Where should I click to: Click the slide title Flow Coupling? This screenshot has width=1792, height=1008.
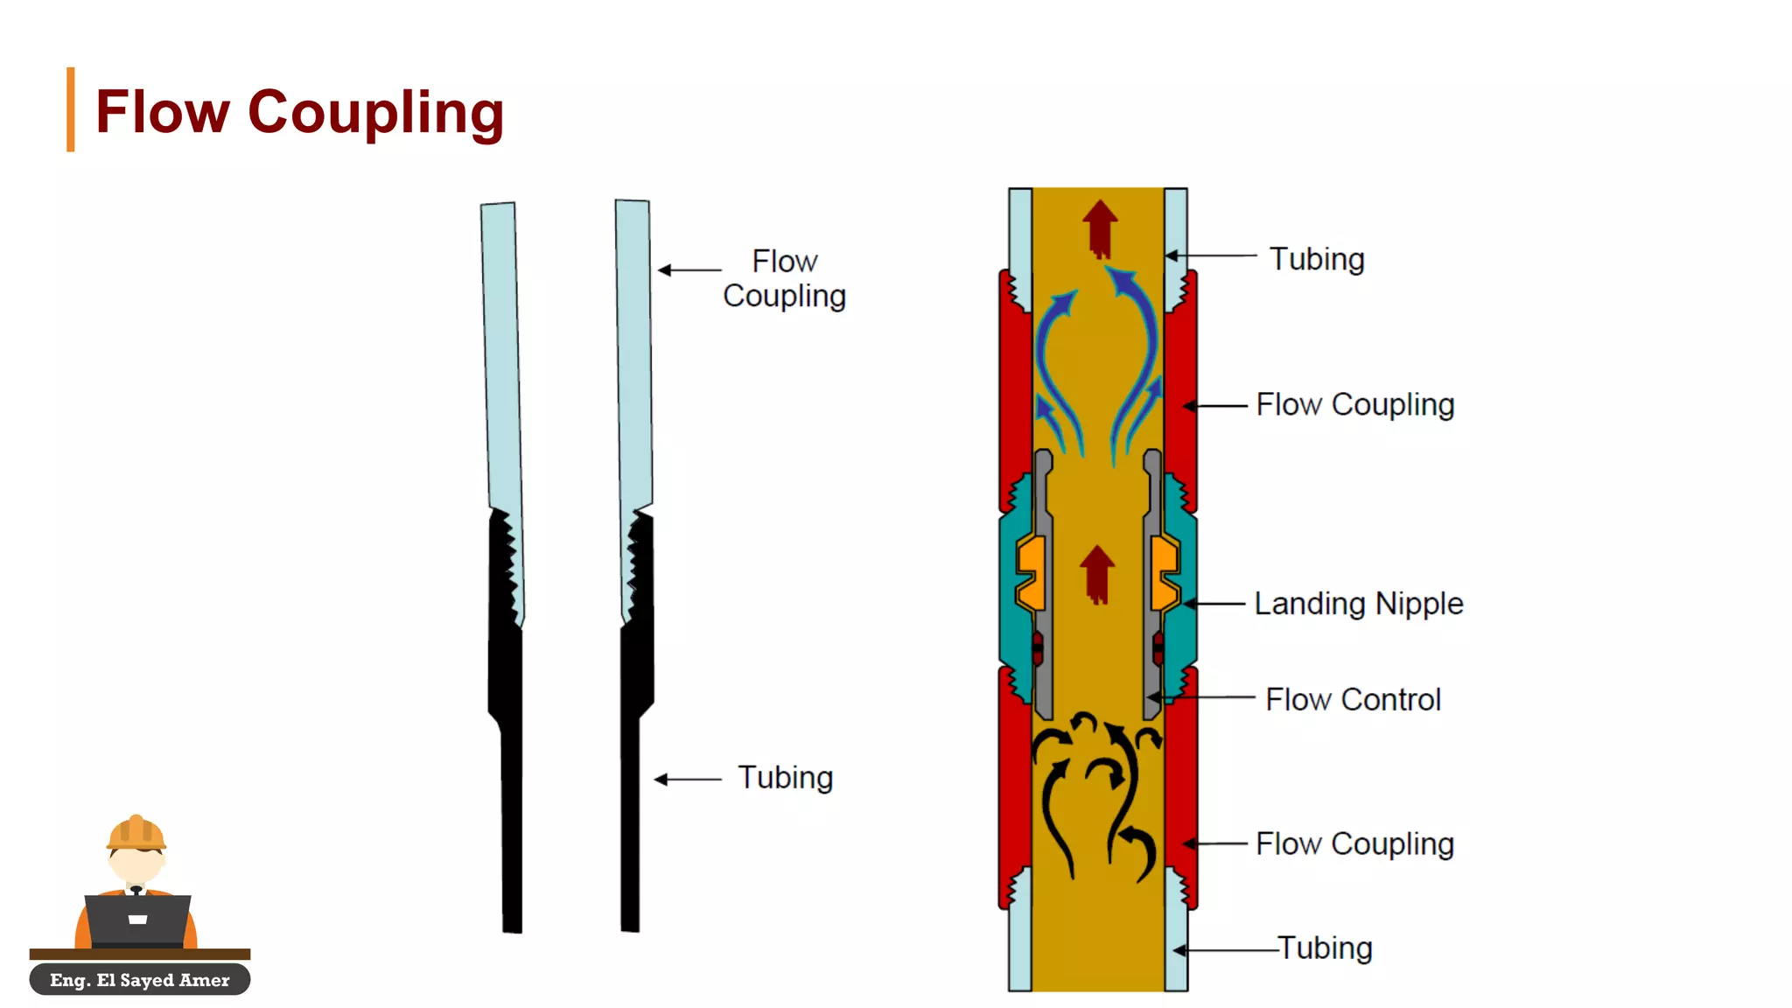[x=299, y=112]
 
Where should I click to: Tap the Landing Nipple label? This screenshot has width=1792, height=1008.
[x=1358, y=604]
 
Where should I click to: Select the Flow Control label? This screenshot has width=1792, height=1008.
[x=1353, y=699]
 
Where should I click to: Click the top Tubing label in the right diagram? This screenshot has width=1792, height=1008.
[x=1317, y=259]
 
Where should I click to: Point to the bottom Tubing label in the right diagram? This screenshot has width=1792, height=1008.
[x=1325, y=948]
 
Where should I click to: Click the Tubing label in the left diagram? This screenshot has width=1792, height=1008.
[x=785, y=777]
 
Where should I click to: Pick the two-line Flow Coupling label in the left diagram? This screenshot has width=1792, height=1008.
[x=784, y=278]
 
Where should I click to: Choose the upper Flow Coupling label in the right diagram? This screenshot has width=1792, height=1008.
[x=1354, y=404]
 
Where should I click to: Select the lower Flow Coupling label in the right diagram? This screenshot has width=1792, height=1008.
[x=1354, y=843]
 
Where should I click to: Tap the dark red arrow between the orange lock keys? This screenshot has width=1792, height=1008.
[x=1097, y=574]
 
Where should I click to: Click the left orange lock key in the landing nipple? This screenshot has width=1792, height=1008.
[x=1032, y=573]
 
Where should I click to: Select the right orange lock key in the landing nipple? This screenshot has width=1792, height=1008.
[x=1165, y=573]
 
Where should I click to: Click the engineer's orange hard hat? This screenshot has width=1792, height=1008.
[x=136, y=833]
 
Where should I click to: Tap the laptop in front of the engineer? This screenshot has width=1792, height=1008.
[x=137, y=920]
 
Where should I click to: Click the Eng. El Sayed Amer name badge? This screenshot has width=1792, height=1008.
[x=140, y=980]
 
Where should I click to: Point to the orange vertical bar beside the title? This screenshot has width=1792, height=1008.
[x=70, y=109]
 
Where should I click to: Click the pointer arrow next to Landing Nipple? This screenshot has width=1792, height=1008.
[x=1214, y=604]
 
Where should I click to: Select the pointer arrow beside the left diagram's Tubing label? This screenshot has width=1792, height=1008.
[x=688, y=779]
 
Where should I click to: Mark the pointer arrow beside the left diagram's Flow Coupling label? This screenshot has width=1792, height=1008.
[x=689, y=270]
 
